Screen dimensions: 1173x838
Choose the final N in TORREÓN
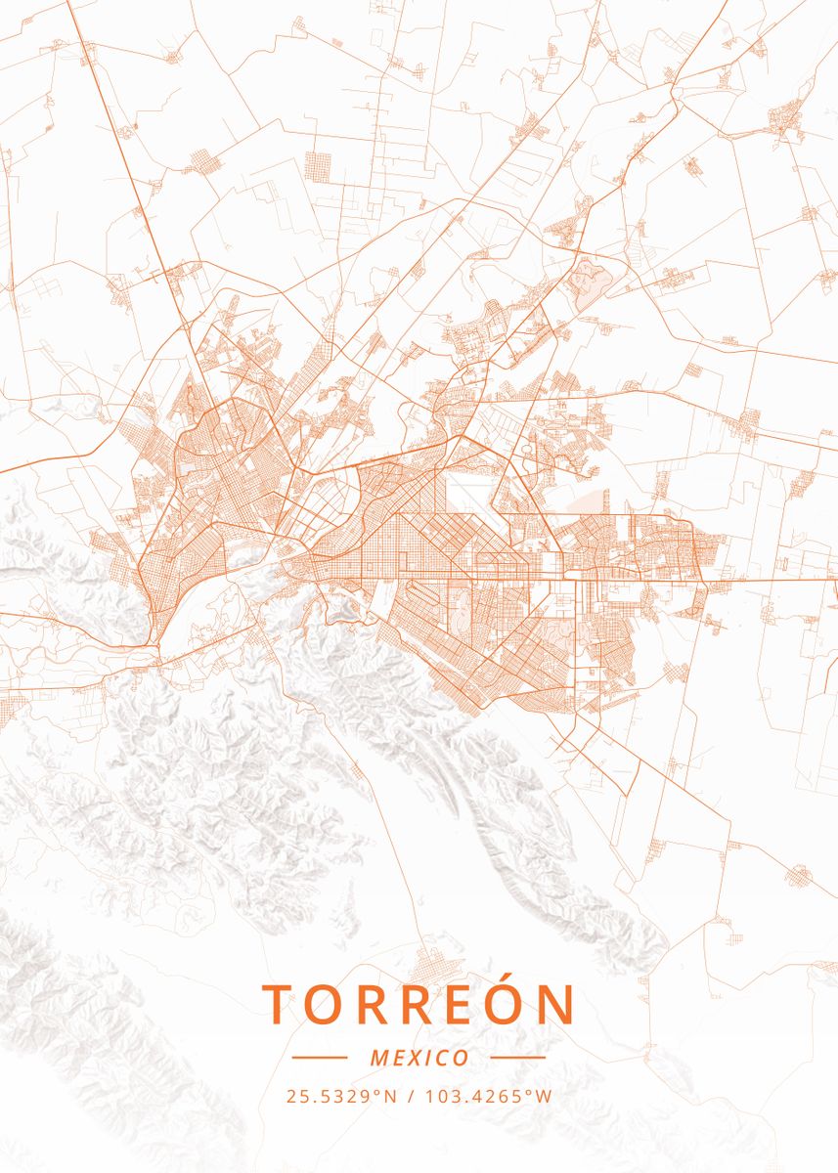click(556, 1004)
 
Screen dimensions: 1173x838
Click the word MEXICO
click(419, 1058)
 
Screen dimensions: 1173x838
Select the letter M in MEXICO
click(379, 1058)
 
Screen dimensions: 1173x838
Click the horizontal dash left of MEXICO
click(320, 1058)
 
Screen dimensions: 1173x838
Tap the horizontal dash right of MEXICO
click(517, 1058)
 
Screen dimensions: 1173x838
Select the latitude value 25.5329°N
click(342, 1096)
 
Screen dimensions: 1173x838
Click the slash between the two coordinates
click(409, 1096)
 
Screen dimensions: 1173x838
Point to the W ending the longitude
click(546, 1096)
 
